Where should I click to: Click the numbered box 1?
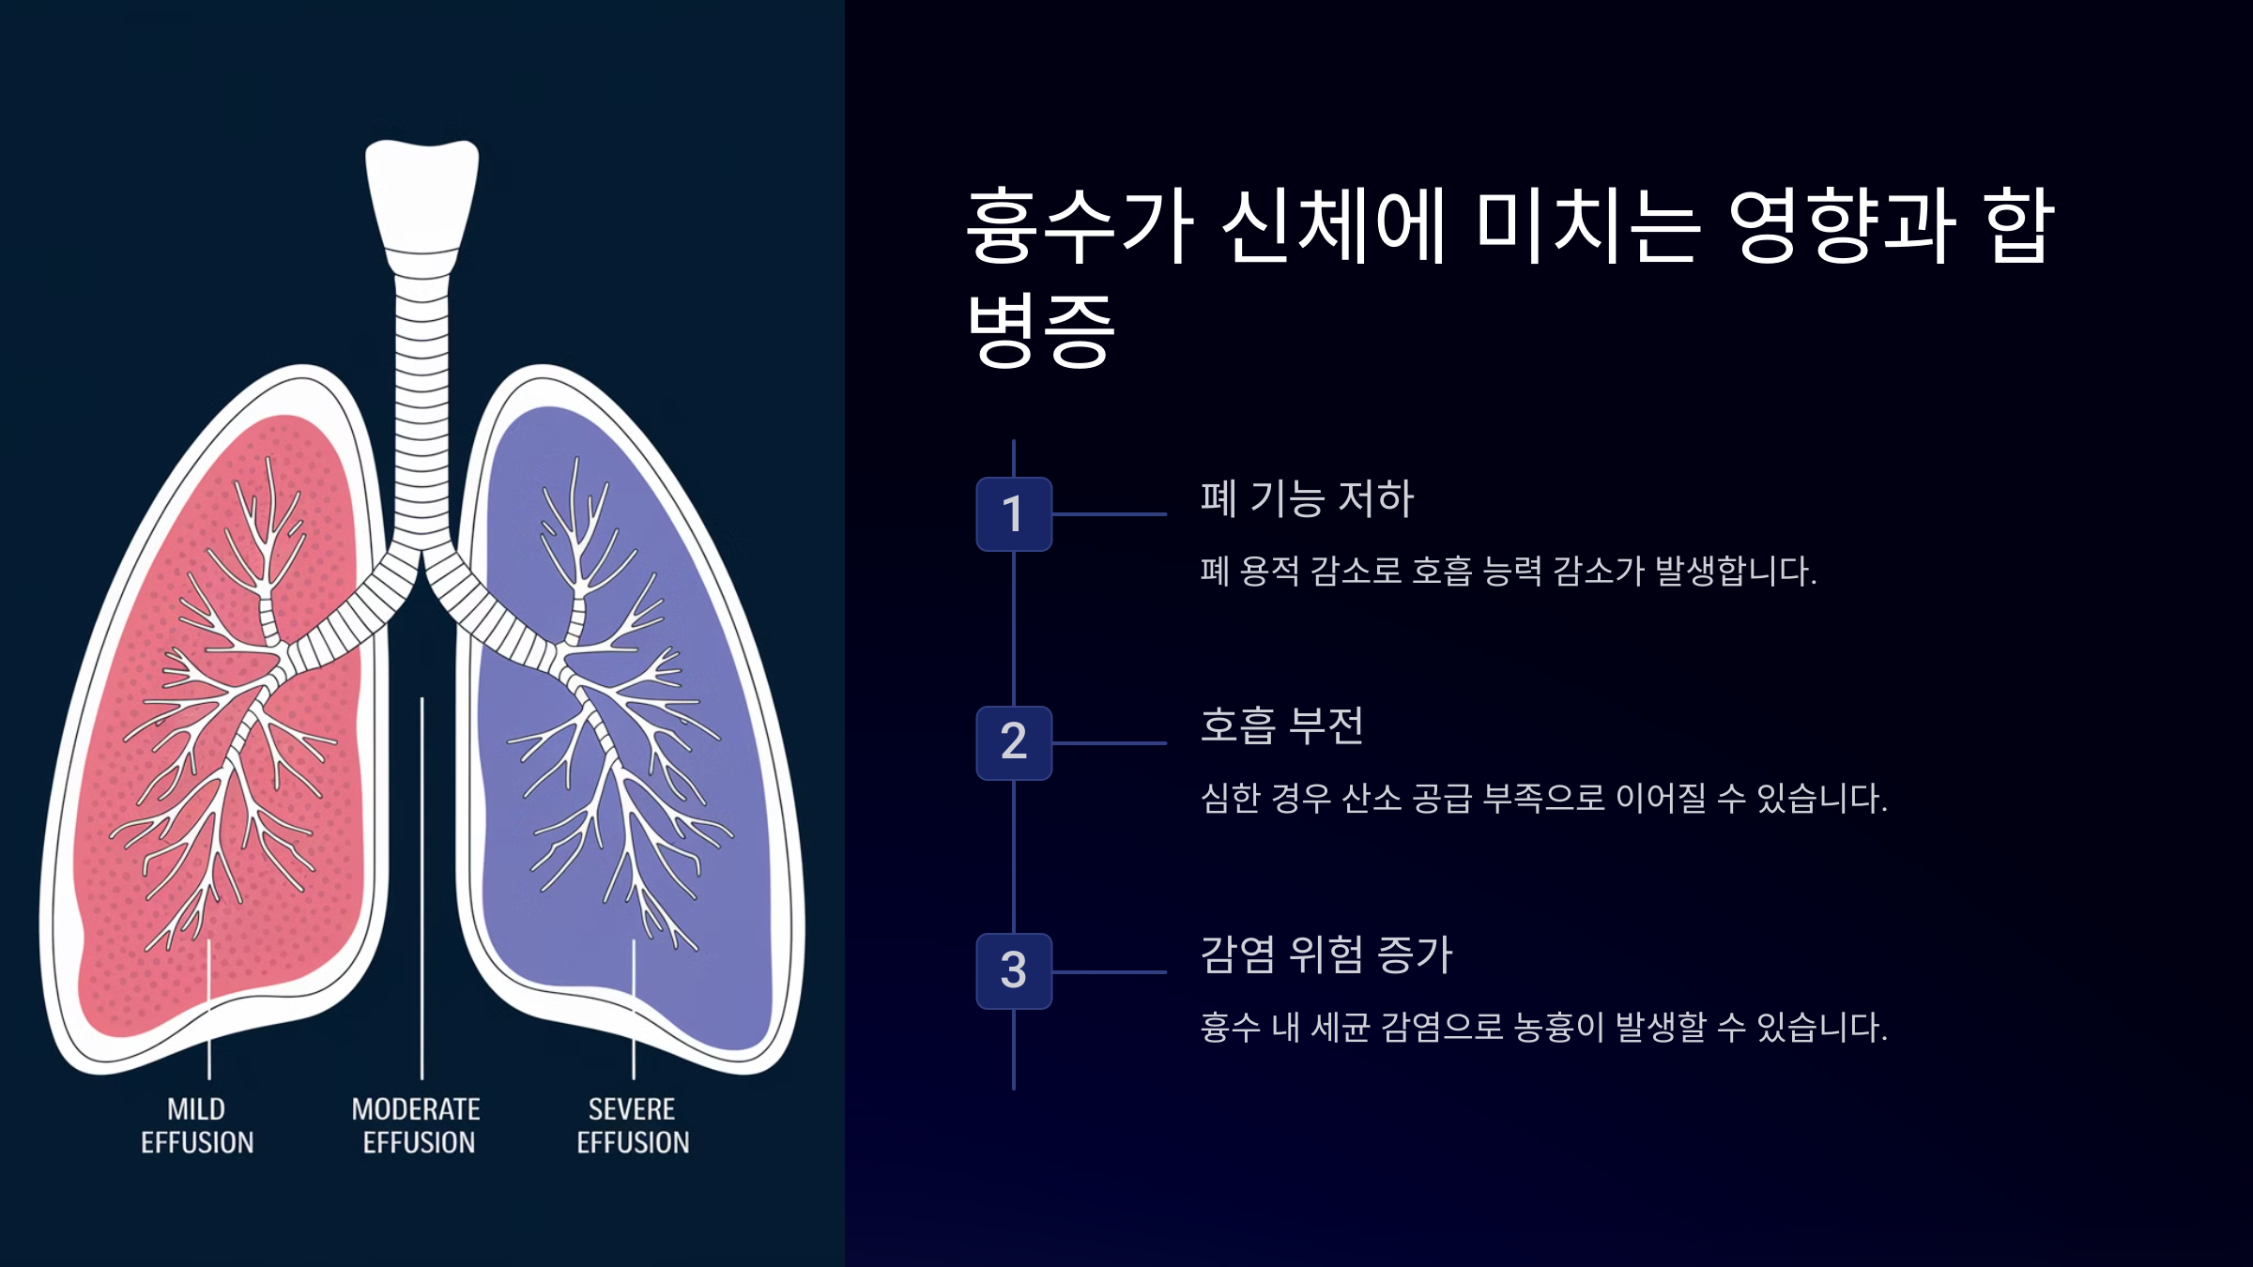click(1014, 514)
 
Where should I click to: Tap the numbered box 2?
click(1014, 742)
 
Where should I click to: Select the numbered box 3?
click(1014, 971)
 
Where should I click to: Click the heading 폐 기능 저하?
click(1307, 498)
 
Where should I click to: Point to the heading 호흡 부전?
click(1282, 725)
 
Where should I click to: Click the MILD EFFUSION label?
click(197, 1125)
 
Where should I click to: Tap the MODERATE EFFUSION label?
click(417, 1125)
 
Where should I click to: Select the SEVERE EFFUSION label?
click(633, 1125)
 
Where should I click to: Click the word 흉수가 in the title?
click(1081, 225)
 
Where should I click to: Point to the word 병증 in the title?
click(1041, 329)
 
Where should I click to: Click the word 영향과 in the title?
click(1843, 225)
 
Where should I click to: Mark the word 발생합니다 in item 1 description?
click(1736, 571)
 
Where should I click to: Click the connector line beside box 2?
click(1110, 743)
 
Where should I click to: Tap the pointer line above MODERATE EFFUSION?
click(422, 888)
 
